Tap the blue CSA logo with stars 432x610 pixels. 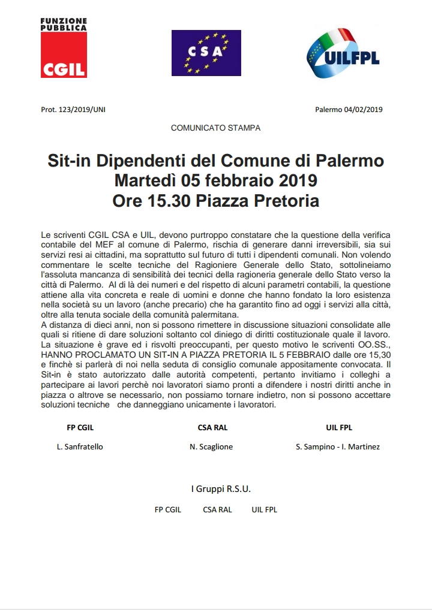click(x=206, y=53)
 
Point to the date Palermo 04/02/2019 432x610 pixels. click(x=349, y=110)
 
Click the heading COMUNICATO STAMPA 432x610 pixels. click(x=216, y=128)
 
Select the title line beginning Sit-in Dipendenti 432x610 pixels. click(x=216, y=162)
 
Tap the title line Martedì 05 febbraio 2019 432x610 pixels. click(x=216, y=181)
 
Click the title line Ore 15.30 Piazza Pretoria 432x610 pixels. click(x=216, y=201)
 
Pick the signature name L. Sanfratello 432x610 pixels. click(x=80, y=447)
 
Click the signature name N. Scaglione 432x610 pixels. click(x=211, y=447)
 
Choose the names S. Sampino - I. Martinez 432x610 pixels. click(x=338, y=447)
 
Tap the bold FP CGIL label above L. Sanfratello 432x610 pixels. click(x=80, y=428)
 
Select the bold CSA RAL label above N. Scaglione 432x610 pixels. click(x=212, y=428)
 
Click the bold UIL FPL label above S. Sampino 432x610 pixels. click(x=338, y=428)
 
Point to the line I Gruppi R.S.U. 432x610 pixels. click(x=221, y=489)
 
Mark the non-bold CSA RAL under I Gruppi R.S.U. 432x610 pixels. click(x=217, y=510)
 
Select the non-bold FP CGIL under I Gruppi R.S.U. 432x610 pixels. click(x=168, y=510)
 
